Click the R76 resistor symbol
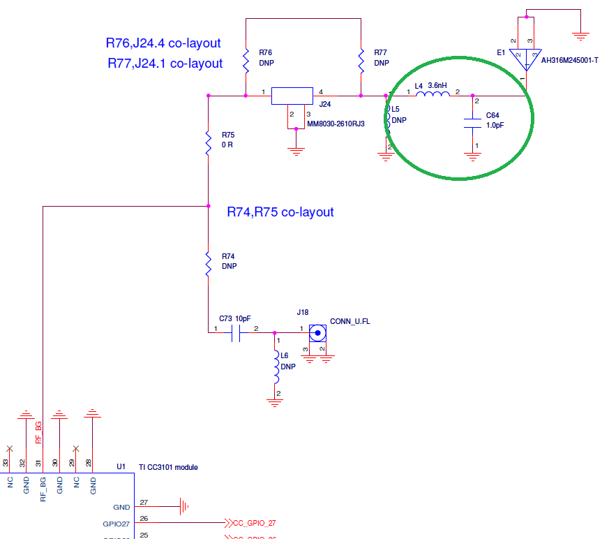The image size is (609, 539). point(246,61)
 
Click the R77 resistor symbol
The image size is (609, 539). point(361,61)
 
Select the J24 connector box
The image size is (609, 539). point(292,96)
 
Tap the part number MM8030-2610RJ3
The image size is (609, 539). point(336,124)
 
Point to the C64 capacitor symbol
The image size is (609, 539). point(473,123)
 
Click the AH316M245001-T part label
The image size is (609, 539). point(570,60)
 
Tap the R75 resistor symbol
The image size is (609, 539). point(208,142)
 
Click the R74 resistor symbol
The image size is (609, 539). point(208,265)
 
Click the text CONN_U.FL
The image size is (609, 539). point(349,322)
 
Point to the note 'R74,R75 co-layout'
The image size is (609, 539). point(280,212)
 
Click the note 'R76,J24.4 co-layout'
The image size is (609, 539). point(163,43)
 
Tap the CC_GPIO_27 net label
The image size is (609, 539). point(254,522)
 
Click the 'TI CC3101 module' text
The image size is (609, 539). point(168,467)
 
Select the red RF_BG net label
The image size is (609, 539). point(39,433)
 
